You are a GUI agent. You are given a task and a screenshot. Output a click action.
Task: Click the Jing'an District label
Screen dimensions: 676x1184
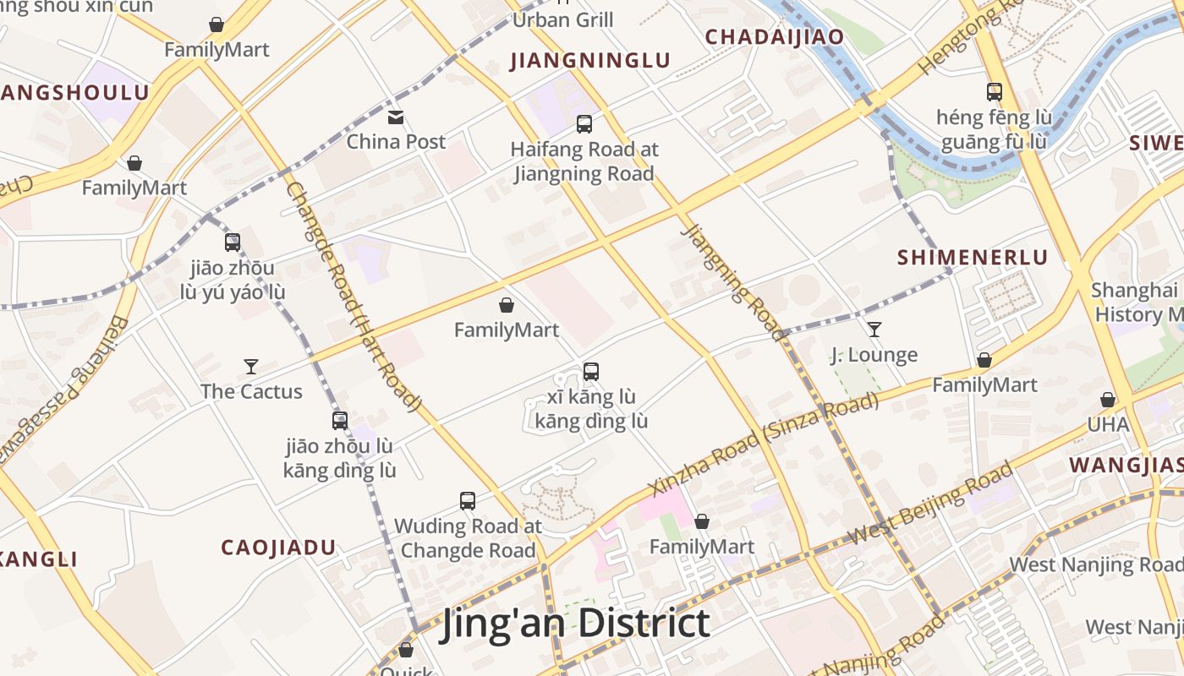tap(575, 624)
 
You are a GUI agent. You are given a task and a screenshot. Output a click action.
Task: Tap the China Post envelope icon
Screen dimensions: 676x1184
tap(395, 117)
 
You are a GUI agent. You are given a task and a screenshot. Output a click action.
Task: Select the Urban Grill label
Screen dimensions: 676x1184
tap(562, 19)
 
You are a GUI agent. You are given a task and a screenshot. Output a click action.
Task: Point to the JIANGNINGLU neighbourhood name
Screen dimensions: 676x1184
tap(590, 61)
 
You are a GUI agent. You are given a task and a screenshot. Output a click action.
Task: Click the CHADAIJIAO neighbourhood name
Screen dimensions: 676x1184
tap(775, 37)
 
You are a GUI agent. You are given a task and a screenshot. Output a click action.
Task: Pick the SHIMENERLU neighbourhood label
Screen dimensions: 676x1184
tap(973, 258)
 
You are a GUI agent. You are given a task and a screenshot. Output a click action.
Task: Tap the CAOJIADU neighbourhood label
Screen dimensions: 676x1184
tap(278, 548)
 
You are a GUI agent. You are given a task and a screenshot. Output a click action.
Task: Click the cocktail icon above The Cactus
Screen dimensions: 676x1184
tap(251, 366)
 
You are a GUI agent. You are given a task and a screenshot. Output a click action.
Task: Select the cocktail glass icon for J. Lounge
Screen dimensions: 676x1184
tap(874, 329)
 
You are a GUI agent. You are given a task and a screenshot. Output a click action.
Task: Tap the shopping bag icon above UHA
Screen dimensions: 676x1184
tap(1108, 399)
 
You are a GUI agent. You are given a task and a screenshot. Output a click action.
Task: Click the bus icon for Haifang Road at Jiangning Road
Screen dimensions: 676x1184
tap(584, 124)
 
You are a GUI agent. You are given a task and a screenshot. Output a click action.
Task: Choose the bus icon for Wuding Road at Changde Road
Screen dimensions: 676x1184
tap(468, 500)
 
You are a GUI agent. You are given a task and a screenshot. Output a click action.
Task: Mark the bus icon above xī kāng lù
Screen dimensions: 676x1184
tap(591, 371)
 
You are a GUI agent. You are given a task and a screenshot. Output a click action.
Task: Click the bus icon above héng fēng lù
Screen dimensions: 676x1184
tap(995, 91)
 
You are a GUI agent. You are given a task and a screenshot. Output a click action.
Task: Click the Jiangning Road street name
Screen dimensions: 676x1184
tap(734, 283)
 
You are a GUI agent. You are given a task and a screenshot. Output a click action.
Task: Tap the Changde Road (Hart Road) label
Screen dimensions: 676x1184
tap(354, 297)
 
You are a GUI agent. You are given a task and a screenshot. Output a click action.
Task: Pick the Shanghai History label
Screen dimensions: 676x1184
tap(1137, 303)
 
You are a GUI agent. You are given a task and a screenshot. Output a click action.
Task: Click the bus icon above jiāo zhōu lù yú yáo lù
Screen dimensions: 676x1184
tap(233, 243)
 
